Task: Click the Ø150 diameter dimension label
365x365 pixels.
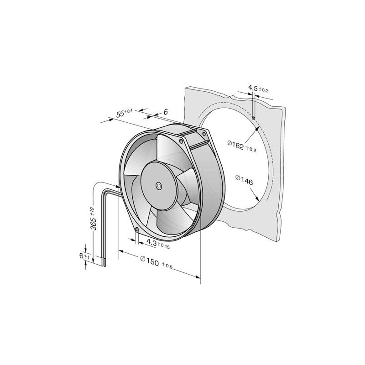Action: coord(150,259)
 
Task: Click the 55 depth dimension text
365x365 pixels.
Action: coord(120,114)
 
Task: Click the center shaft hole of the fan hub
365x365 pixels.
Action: coord(159,186)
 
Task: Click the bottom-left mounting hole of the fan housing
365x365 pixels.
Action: coord(136,229)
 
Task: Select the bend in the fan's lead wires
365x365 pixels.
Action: coord(98,183)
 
